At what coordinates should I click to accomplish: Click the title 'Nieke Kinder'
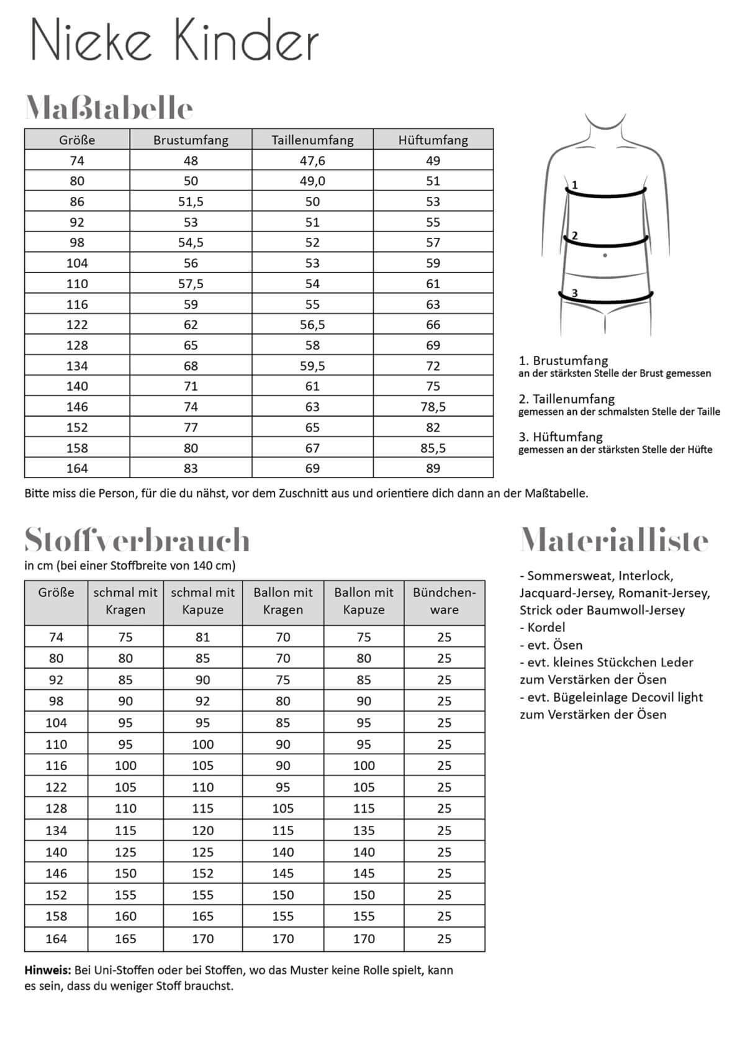point(174,40)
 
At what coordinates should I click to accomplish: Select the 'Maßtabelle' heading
point(109,109)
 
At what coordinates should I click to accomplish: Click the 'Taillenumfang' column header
point(312,140)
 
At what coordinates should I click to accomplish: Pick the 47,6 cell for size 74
point(312,161)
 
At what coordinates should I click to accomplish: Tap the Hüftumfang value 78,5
point(433,407)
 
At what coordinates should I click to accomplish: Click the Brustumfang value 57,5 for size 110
point(191,284)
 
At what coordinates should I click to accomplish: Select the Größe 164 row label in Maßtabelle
point(77,468)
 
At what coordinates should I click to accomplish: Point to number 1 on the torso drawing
point(575,184)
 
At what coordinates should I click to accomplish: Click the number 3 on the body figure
point(575,293)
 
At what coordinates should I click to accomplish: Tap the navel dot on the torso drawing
point(605,255)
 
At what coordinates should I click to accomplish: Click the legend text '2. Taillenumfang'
point(566,399)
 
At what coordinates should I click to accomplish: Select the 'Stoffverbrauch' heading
point(137,540)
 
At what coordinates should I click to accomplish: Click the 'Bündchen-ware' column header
point(444,601)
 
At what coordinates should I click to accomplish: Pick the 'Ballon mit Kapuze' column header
point(364,601)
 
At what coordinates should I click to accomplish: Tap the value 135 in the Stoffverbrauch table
point(364,830)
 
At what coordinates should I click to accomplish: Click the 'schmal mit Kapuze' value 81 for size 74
point(202,637)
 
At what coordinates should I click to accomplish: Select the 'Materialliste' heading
point(614,540)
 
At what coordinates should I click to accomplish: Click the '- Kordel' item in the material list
point(543,627)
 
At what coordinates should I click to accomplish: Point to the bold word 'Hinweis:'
point(48,970)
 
